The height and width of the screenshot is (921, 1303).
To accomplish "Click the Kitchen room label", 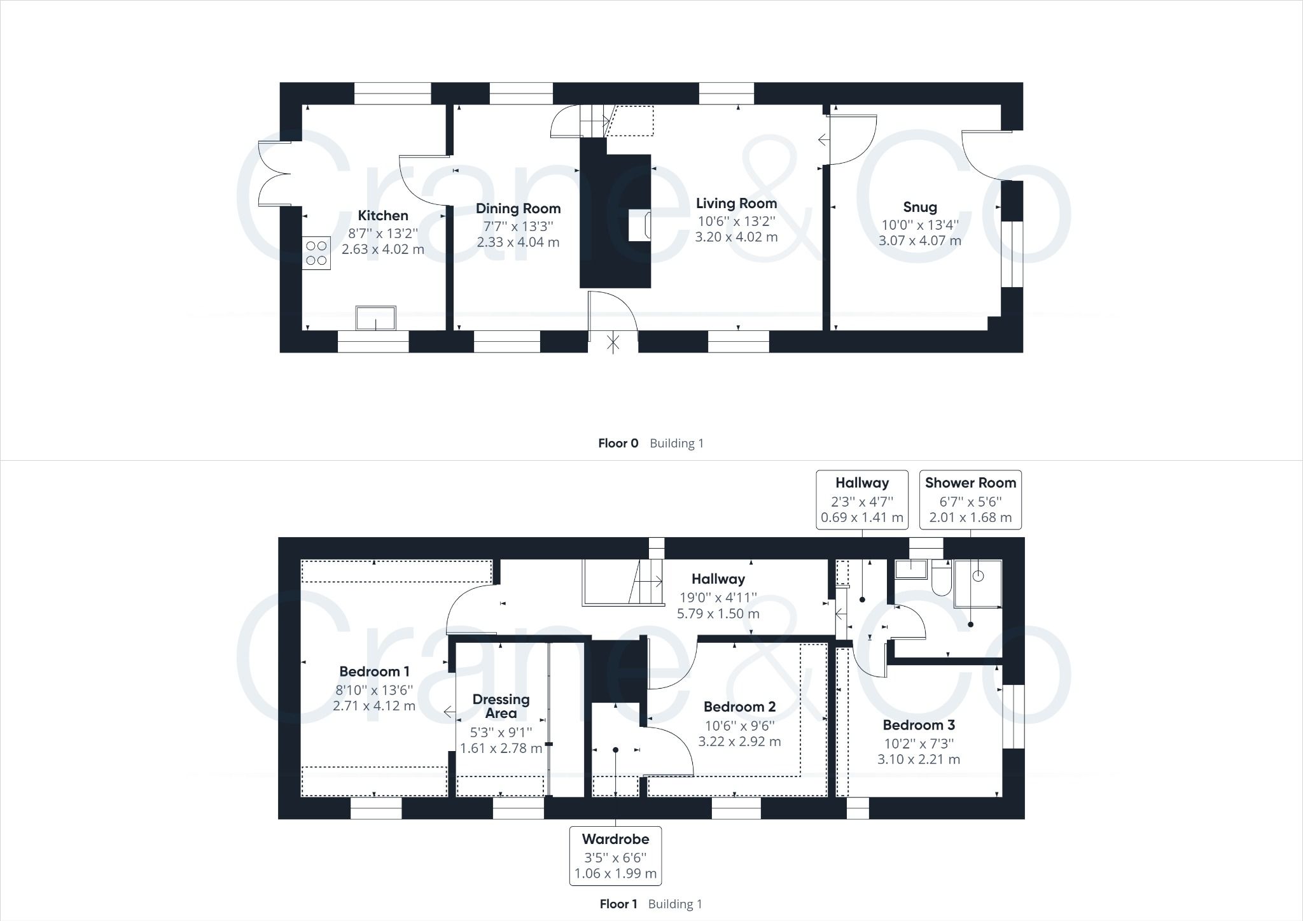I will (382, 215).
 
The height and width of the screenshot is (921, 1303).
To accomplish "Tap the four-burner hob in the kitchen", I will (316, 252).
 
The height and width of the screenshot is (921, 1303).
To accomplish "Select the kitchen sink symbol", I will (375, 318).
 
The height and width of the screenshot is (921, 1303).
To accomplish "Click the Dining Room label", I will (518, 209).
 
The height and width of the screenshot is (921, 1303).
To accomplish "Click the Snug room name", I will (919, 207).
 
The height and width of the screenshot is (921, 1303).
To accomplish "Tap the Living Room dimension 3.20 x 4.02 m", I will (736, 237).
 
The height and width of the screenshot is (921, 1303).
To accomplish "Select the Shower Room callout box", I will (970, 500).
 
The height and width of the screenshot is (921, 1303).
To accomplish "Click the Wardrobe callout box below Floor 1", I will (615, 855).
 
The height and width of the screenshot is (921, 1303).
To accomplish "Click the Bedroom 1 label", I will (374, 671).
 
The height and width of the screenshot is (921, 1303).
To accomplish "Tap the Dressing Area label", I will (501, 706).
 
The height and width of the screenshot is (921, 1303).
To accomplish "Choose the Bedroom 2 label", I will (739, 707).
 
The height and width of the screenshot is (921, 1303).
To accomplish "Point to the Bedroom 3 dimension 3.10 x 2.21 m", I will (919, 759).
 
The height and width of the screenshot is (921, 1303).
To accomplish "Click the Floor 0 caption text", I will (618, 444).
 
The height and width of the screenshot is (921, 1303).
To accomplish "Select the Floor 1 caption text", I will (618, 904).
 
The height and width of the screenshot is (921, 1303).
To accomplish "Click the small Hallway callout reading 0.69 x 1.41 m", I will (862, 517).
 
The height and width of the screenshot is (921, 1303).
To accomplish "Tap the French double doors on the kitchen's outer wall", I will (274, 173).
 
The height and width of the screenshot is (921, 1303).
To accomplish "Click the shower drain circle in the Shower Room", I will (979, 576).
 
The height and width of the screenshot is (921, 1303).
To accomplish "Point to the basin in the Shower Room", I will (912, 568).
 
